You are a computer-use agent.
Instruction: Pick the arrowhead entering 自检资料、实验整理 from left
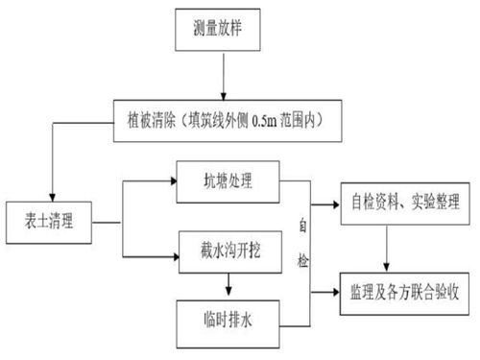336,204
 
